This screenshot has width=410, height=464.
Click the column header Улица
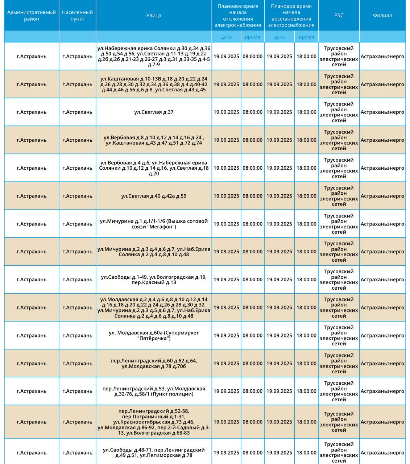click(x=154, y=16)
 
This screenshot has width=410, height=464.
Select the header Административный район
click(x=32, y=16)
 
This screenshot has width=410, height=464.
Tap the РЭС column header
click(x=339, y=16)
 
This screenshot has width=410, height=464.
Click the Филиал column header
click(x=382, y=16)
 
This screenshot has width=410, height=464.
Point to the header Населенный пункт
click(x=77, y=16)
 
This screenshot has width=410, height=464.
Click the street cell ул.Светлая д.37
click(x=154, y=112)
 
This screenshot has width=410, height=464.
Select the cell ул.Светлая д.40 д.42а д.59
click(x=154, y=196)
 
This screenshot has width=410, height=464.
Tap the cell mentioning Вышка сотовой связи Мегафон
click(x=154, y=224)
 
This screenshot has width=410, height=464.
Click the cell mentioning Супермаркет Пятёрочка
click(x=154, y=336)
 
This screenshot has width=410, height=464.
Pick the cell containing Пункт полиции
click(x=154, y=391)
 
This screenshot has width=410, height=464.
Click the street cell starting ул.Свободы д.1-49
click(x=154, y=280)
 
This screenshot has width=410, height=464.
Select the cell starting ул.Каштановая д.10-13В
click(x=154, y=84)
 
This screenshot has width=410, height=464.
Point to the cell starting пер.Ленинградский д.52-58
click(x=154, y=422)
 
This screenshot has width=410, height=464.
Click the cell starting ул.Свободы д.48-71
click(x=154, y=453)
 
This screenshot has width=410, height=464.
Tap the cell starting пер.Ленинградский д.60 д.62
click(x=154, y=364)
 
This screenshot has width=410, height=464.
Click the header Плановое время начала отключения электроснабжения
click(x=238, y=16)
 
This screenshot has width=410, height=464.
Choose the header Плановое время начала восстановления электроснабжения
click(x=291, y=16)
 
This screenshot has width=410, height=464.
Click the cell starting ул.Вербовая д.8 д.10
click(x=154, y=140)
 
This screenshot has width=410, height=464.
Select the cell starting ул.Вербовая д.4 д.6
click(x=154, y=168)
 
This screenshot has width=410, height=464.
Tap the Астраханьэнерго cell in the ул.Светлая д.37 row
click(x=382, y=112)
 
